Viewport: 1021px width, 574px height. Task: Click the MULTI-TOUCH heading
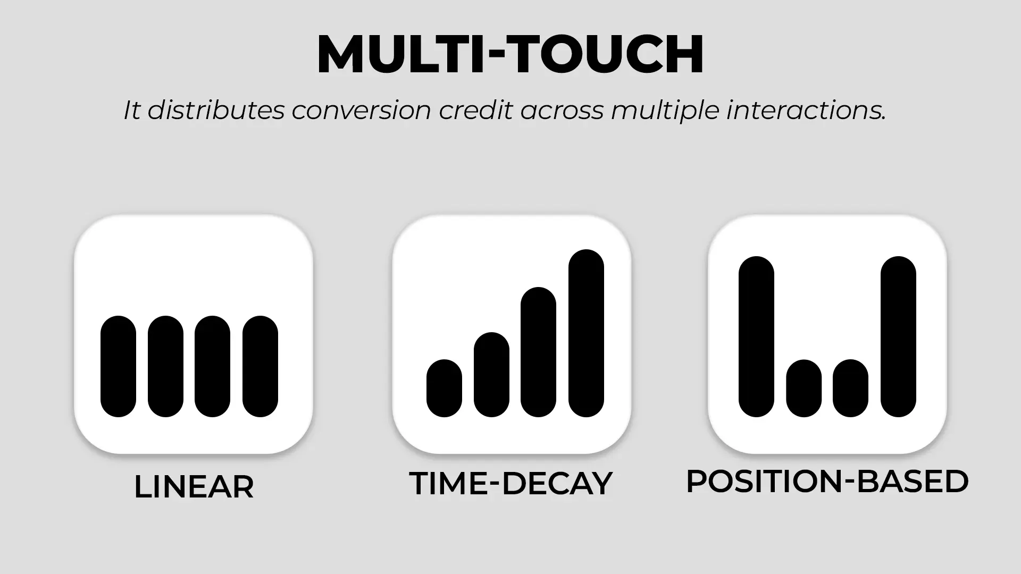(x=510, y=54)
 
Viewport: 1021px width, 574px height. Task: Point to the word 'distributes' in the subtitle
(x=216, y=111)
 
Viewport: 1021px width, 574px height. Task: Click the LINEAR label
(x=194, y=487)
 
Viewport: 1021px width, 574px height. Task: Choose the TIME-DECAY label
(x=511, y=484)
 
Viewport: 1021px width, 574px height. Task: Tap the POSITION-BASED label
(x=827, y=482)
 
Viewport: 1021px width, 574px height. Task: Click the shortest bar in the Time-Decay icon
(x=444, y=389)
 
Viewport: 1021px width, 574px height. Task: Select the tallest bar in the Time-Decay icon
(x=587, y=333)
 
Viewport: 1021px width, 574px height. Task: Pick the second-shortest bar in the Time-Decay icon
(x=491, y=375)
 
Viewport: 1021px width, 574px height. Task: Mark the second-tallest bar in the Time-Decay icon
(x=539, y=352)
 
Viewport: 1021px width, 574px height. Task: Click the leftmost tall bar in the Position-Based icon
(x=756, y=337)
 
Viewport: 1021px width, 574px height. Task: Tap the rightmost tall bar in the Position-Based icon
(x=899, y=337)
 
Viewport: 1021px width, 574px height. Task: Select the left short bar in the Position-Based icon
(x=804, y=389)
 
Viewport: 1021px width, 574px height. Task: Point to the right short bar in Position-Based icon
(x=851, y=389)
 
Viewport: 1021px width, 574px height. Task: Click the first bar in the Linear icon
(x=118, y=367)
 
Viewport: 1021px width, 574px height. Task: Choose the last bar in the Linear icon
(x=261, y=367)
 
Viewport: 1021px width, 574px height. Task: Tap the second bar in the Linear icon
(x=165, y=367)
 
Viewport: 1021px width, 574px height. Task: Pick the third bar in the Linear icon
(x=213, y=367)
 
